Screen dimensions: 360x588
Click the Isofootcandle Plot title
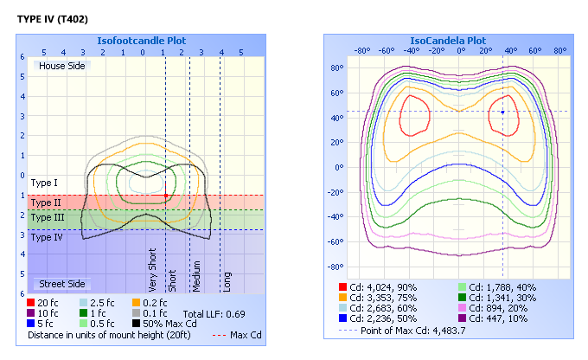143,41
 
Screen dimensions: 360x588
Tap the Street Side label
60,284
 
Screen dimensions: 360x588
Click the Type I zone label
43,183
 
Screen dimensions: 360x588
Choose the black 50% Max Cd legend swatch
137,324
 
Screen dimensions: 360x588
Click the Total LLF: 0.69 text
214,312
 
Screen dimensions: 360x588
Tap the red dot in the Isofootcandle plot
165,196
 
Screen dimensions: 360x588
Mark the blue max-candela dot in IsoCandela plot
503,112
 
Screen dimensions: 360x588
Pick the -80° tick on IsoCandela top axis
361,50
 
